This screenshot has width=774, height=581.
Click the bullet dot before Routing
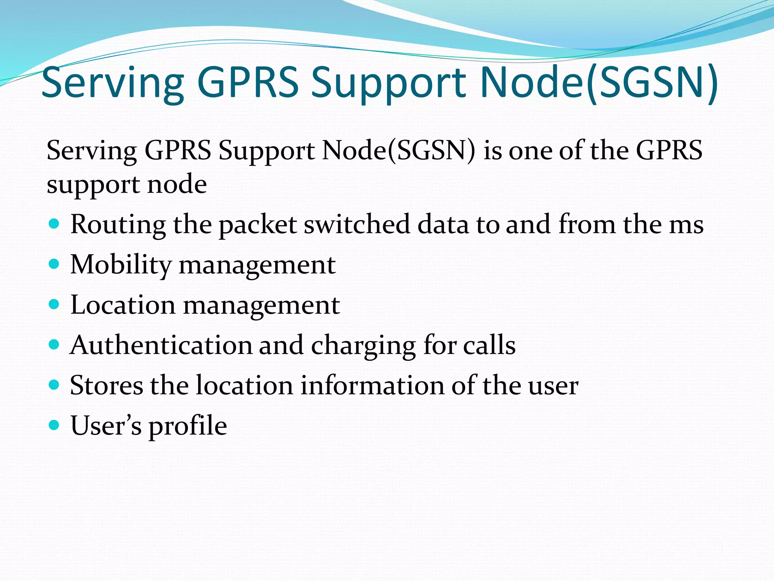point(54,224)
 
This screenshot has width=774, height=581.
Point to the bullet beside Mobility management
point(54,264)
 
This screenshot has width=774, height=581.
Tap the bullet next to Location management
point(54,304)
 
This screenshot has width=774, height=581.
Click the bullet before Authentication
point(54,344)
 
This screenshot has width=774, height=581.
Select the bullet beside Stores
point(54,385)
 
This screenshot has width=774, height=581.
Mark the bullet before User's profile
point(54,425)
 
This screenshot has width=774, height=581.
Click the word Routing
point(118,225)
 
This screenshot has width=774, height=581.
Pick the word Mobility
point(121,265)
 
